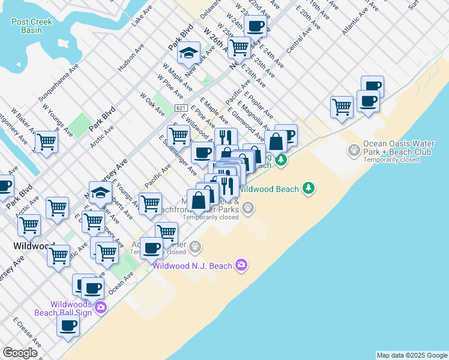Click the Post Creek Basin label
tap(32, 26)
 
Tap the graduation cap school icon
tap(189, 53)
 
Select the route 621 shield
tap(181, 107)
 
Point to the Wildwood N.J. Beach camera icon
tap(241, 265)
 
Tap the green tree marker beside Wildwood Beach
tap(309, 188)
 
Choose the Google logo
tap(20, 353)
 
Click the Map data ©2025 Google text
tap(411, 355)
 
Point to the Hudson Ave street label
tap(127, 58)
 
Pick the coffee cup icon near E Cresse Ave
tap(68, 326)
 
